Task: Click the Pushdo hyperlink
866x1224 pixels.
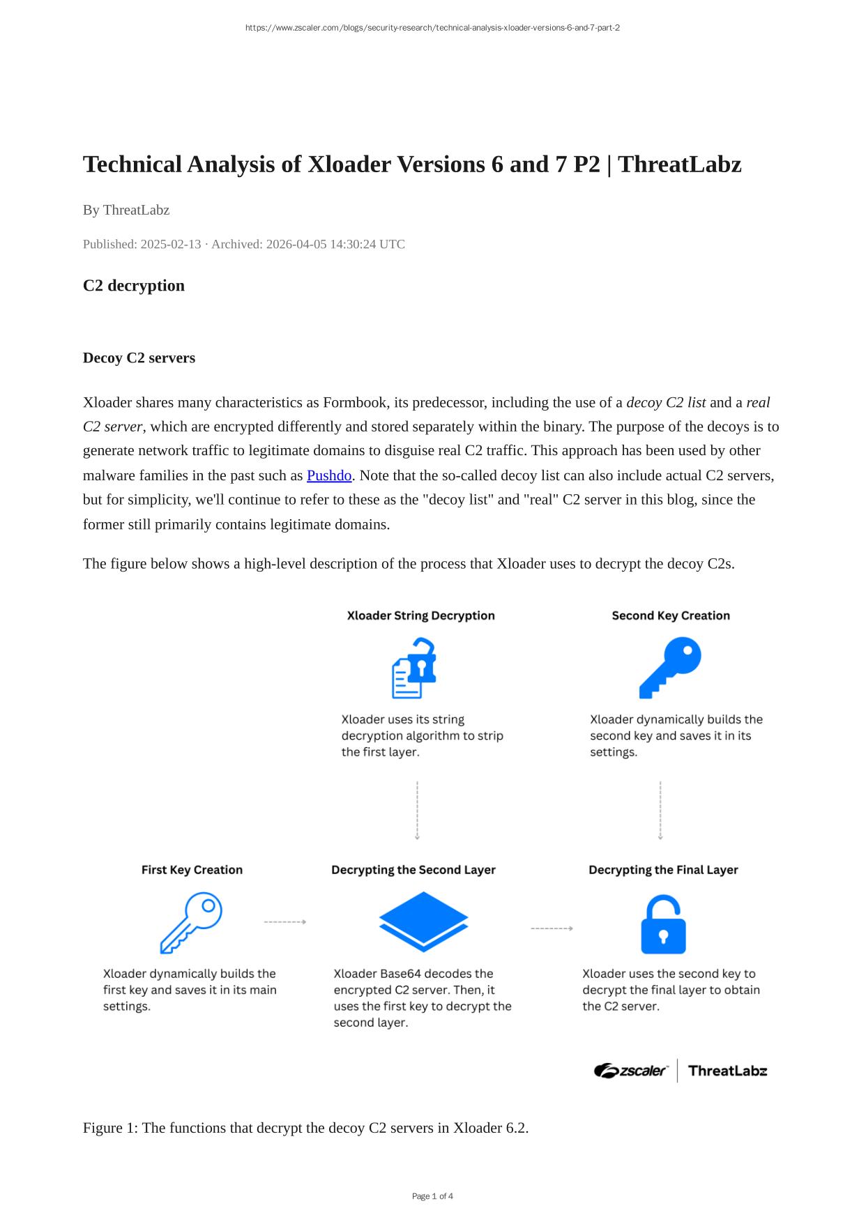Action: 329,475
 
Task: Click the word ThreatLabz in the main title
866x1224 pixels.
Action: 680,165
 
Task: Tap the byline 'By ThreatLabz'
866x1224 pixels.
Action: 126,210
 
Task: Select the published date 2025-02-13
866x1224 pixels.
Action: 171,244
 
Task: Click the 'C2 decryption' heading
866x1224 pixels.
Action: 134,286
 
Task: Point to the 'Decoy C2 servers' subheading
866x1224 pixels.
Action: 139,358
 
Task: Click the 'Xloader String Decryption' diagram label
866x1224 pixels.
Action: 420,615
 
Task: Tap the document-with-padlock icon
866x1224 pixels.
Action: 414,668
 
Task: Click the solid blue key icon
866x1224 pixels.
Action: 670,667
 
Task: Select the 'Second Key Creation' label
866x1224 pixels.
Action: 671,615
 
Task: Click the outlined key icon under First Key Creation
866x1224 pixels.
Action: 191,922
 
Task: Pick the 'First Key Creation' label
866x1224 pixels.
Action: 192,870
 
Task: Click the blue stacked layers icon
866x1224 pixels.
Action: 423,921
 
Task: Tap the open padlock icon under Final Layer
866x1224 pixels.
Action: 663,924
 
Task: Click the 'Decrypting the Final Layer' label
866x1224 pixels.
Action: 663,870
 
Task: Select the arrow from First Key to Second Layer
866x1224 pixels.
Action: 285,921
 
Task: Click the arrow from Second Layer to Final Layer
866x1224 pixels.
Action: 552,928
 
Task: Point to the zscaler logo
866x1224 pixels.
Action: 631,1071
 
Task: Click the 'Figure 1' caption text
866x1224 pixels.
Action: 305,1128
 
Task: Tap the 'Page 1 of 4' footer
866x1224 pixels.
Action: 432,1196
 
